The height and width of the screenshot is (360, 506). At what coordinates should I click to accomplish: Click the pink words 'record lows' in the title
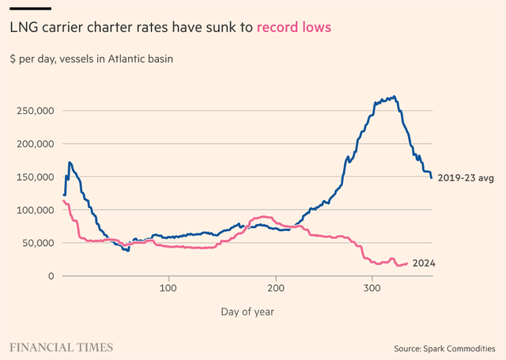[294, 27]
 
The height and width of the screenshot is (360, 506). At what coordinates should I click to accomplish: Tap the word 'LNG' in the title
[24, 27]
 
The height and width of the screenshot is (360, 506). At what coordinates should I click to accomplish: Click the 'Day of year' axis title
[247, 312]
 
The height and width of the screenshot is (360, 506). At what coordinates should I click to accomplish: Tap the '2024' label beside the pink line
[425, 263]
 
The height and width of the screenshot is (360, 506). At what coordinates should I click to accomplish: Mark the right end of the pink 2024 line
[407, 263]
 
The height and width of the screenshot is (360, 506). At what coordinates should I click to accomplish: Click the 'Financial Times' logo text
[61, 347]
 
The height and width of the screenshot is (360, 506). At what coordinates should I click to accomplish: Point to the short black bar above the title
[31, 8]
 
